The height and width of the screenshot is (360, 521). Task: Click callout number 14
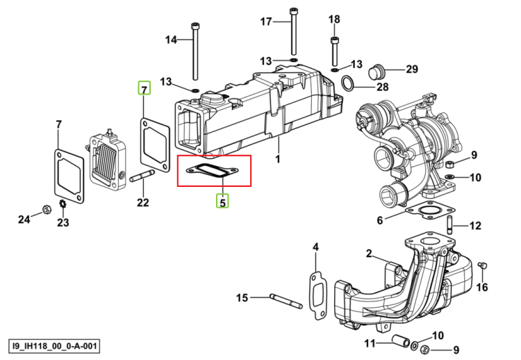point(171,40)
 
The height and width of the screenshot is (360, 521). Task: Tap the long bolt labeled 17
point(293,31)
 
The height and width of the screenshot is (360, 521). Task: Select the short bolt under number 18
point(334,51)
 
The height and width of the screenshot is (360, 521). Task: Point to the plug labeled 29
point(377,72)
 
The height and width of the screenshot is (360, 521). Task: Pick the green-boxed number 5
point(222,202)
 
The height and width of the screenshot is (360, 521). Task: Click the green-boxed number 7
point(144,88)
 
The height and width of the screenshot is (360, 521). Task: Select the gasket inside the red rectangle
point(213,170)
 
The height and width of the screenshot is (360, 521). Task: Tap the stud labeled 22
point(142,176)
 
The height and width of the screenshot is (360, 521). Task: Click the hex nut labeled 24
point(46,209)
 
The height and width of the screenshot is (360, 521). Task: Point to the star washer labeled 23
point(62,204)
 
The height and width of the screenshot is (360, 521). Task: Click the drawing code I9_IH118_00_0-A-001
point(54,346)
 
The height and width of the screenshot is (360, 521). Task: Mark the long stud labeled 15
point(286,301)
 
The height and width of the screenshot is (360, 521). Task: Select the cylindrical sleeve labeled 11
point(401,341)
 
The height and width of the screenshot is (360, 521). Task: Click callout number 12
point(475,226)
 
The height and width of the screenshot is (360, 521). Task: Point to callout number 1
point(278,159)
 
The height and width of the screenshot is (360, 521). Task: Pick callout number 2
point(369,254)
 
